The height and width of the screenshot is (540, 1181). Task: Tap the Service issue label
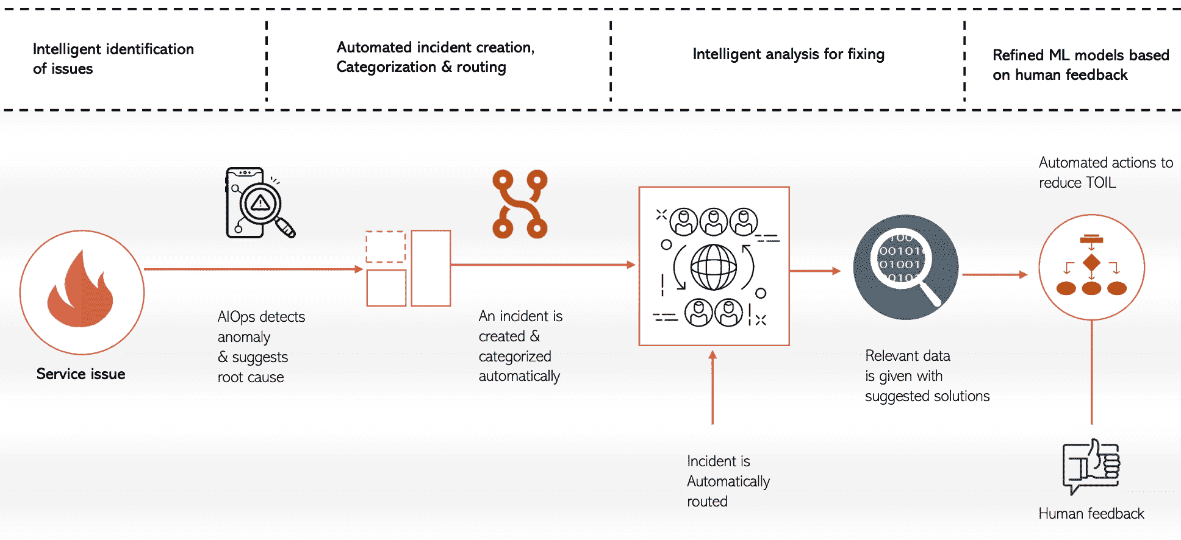click(81, 374)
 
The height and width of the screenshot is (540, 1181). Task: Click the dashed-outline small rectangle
click(386, 247)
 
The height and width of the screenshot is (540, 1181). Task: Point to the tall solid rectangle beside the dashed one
click(431, 268)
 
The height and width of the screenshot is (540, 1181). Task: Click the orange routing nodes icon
click(520, 204)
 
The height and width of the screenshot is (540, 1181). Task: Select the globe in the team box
click(713, 267)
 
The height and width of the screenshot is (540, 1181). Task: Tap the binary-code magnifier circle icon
click(906, 267)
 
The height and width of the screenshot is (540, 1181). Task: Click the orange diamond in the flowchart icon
click(1091, 263)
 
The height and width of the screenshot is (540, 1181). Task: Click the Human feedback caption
click(1091, 514)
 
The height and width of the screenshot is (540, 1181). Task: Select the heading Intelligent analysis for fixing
click(788, 54)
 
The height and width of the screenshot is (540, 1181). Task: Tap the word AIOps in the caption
click(236, 317)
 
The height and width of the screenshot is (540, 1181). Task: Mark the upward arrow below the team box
click(712, 387)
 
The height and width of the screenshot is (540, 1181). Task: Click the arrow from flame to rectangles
click(253, 269)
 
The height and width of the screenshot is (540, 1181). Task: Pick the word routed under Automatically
click(707, 502)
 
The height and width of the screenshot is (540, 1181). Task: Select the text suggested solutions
click(927, 396)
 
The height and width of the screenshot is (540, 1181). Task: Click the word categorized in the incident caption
click(515, 357)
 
